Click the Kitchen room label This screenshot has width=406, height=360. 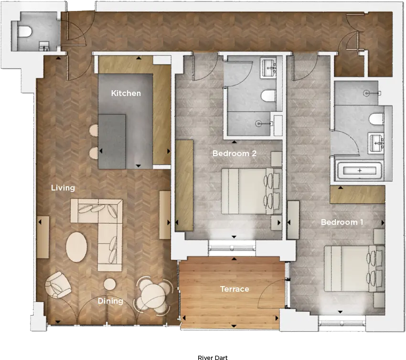[126, 93]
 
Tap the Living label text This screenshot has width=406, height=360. [63, 188]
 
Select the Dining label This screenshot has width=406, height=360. [110, 301]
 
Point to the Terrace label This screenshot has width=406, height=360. [235, 289]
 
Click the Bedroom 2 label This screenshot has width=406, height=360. [235, 153]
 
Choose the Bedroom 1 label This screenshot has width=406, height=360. [342, 222]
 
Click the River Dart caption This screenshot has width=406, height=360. [213, 358]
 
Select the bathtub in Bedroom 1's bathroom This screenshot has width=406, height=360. [360, 170]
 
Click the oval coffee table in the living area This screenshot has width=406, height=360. [76, 247]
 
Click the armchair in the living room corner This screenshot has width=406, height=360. [57, 285]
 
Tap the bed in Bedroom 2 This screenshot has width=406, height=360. [251, 191]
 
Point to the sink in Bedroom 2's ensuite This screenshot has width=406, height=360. [269, 68]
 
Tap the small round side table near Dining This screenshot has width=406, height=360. [110, 284]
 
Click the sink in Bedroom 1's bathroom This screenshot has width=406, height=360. [376, 143]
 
